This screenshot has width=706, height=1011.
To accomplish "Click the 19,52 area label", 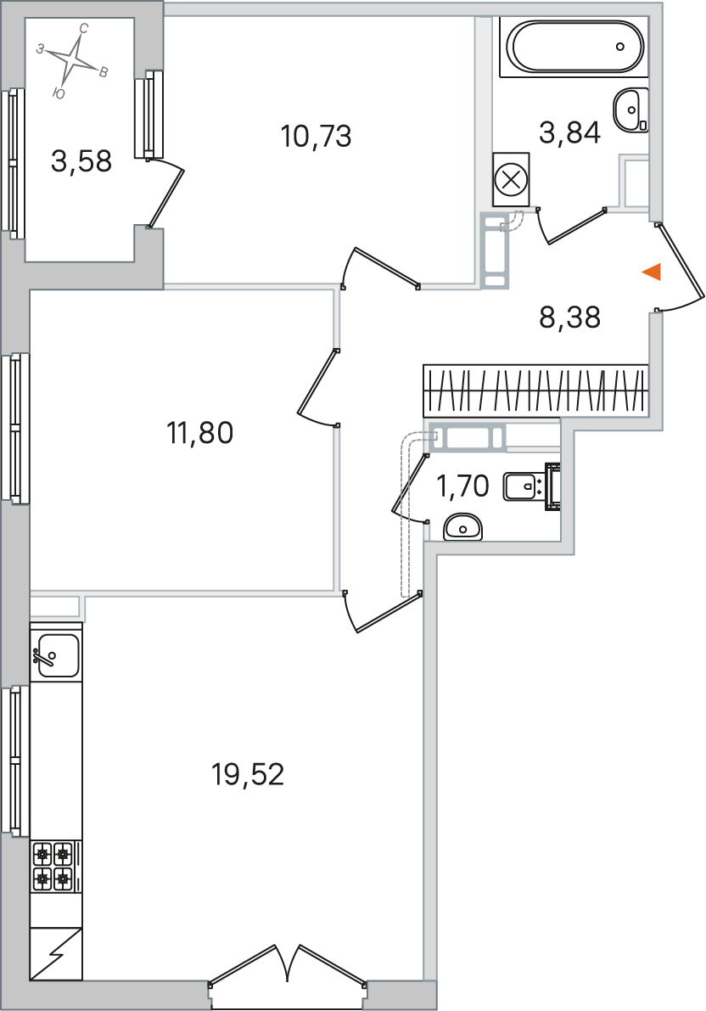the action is click(248, 773).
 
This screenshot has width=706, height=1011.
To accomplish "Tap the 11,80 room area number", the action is click(200, 433).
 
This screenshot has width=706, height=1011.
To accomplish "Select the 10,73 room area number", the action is click(316, 136).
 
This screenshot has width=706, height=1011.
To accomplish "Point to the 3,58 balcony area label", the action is click(81, 161).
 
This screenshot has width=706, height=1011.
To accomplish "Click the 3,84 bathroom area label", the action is click(570, 132).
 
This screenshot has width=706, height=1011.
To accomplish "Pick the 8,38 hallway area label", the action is click(570, 317).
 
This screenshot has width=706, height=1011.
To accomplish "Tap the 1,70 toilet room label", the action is click(463, 486).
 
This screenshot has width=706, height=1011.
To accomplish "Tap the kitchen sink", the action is click(57, 655).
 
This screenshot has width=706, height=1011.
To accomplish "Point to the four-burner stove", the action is click(53, 866).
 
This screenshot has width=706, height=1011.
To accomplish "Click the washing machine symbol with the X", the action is click(512, 179).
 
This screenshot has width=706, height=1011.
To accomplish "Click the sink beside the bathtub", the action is click(630, 110).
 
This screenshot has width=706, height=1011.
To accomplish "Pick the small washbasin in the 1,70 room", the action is click(463, 527).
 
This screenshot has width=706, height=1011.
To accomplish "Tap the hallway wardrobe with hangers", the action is click(535, 390).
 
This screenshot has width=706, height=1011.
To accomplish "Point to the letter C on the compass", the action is click(83, 28).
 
